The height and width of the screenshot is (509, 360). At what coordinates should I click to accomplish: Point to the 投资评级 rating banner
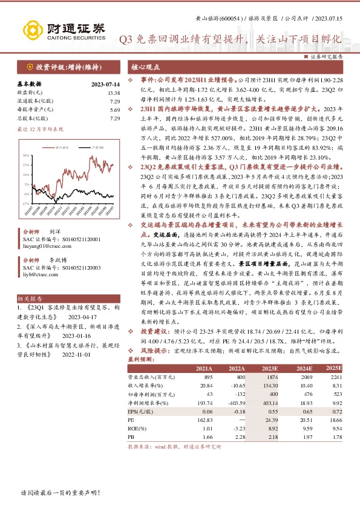click(x=62, y=67)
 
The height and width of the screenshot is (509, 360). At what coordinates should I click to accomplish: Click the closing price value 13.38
click(x=114, y=92)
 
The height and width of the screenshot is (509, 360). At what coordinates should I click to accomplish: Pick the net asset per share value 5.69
click(x=115, y=110)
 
